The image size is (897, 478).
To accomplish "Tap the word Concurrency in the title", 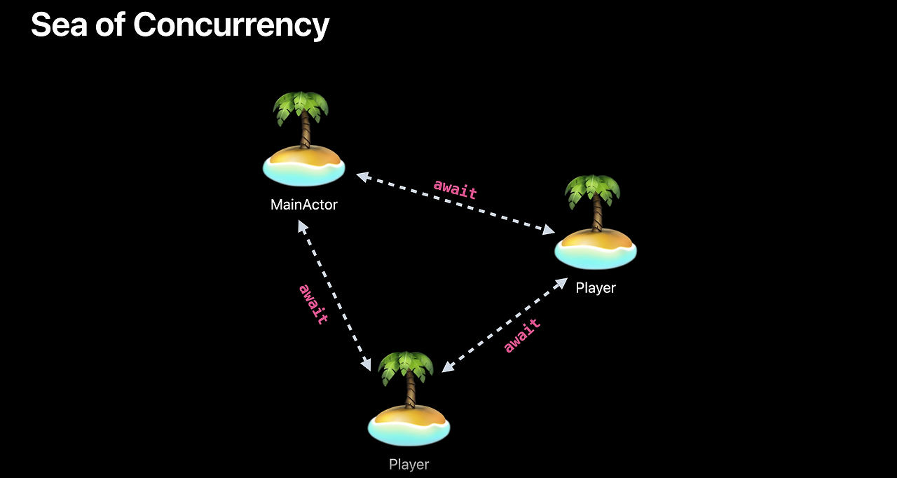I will [231, 25].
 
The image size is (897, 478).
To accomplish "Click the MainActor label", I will [303, 205].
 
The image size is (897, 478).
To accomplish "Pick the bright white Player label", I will [596, 288].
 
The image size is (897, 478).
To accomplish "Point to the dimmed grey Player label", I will [409, 464].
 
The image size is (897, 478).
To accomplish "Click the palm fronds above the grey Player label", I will [406, 367].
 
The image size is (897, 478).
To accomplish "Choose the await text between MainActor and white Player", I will [456, 189].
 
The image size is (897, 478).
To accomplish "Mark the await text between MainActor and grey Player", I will [313, 303].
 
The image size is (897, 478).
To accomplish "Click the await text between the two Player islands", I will [522, 335].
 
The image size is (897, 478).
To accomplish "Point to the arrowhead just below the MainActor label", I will [301, 226].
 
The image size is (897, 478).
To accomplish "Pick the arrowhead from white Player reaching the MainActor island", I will [362, 176].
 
